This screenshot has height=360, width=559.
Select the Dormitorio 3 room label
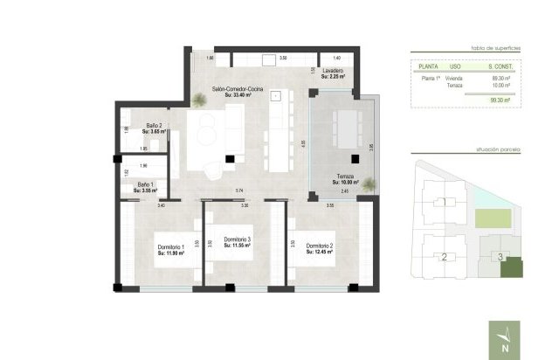(237, 242)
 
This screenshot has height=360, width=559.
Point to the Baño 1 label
(145, 187)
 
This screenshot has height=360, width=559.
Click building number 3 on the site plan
(499, 256)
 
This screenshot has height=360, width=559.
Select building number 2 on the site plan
(445, 257)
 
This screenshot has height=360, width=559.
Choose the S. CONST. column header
(504, 66)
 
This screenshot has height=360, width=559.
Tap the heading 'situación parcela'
(498, 150)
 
